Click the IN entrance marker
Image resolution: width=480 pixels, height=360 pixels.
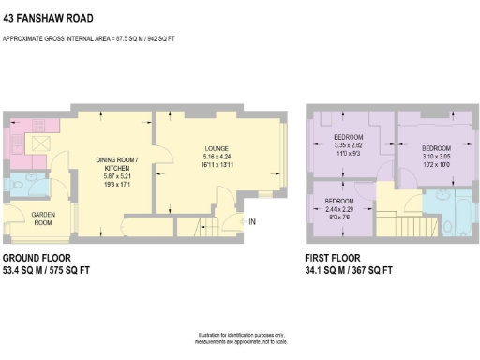(x=251, y=221)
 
